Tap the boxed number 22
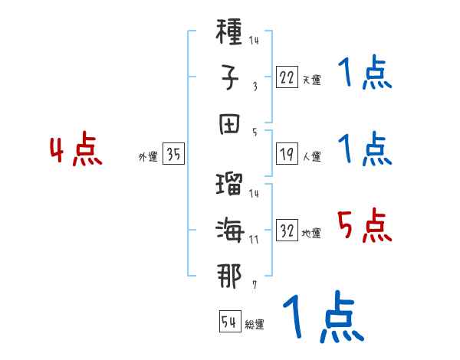click(x=286, y=77)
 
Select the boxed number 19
click(x=286, y=155)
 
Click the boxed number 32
click(x=286, y=231)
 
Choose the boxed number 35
click(x=173, y=155)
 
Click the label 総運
click(x=255, y=324)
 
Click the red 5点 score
click(x=363, y=226)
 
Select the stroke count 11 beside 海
click(x=253, y=239)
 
